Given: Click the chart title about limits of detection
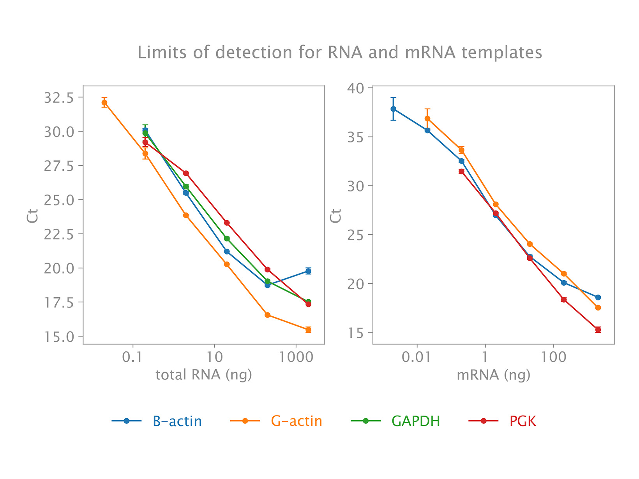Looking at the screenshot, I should [x=340, y=53].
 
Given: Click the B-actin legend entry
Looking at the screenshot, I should [x=177, y=421].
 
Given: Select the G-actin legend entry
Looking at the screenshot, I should [x=297, y=421].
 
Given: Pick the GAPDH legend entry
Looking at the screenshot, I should [x=416, y=421].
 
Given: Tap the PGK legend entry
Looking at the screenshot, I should [x=523, y=421].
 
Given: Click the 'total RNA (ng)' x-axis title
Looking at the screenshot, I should [x=204, y=375].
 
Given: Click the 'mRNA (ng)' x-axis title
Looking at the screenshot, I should [x=493, y=375].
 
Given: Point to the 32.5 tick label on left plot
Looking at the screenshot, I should [x=58, y=98].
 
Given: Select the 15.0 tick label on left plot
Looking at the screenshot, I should [x=58, y=337].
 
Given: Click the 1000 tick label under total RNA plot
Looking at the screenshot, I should [x=296, y=357].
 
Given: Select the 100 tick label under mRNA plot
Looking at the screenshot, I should [x=553, y=357].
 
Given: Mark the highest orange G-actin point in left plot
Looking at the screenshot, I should [x=104, y=103].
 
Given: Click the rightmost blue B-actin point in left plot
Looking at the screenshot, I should [x=308, y=271].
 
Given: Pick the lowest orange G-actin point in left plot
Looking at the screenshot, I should [x=308, y=330].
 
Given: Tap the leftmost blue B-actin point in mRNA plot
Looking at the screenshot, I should [x=394, y=109].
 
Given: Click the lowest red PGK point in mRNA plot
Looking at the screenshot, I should [x=598, y=330].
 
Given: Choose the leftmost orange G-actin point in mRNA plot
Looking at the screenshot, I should [x=427, y=119].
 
